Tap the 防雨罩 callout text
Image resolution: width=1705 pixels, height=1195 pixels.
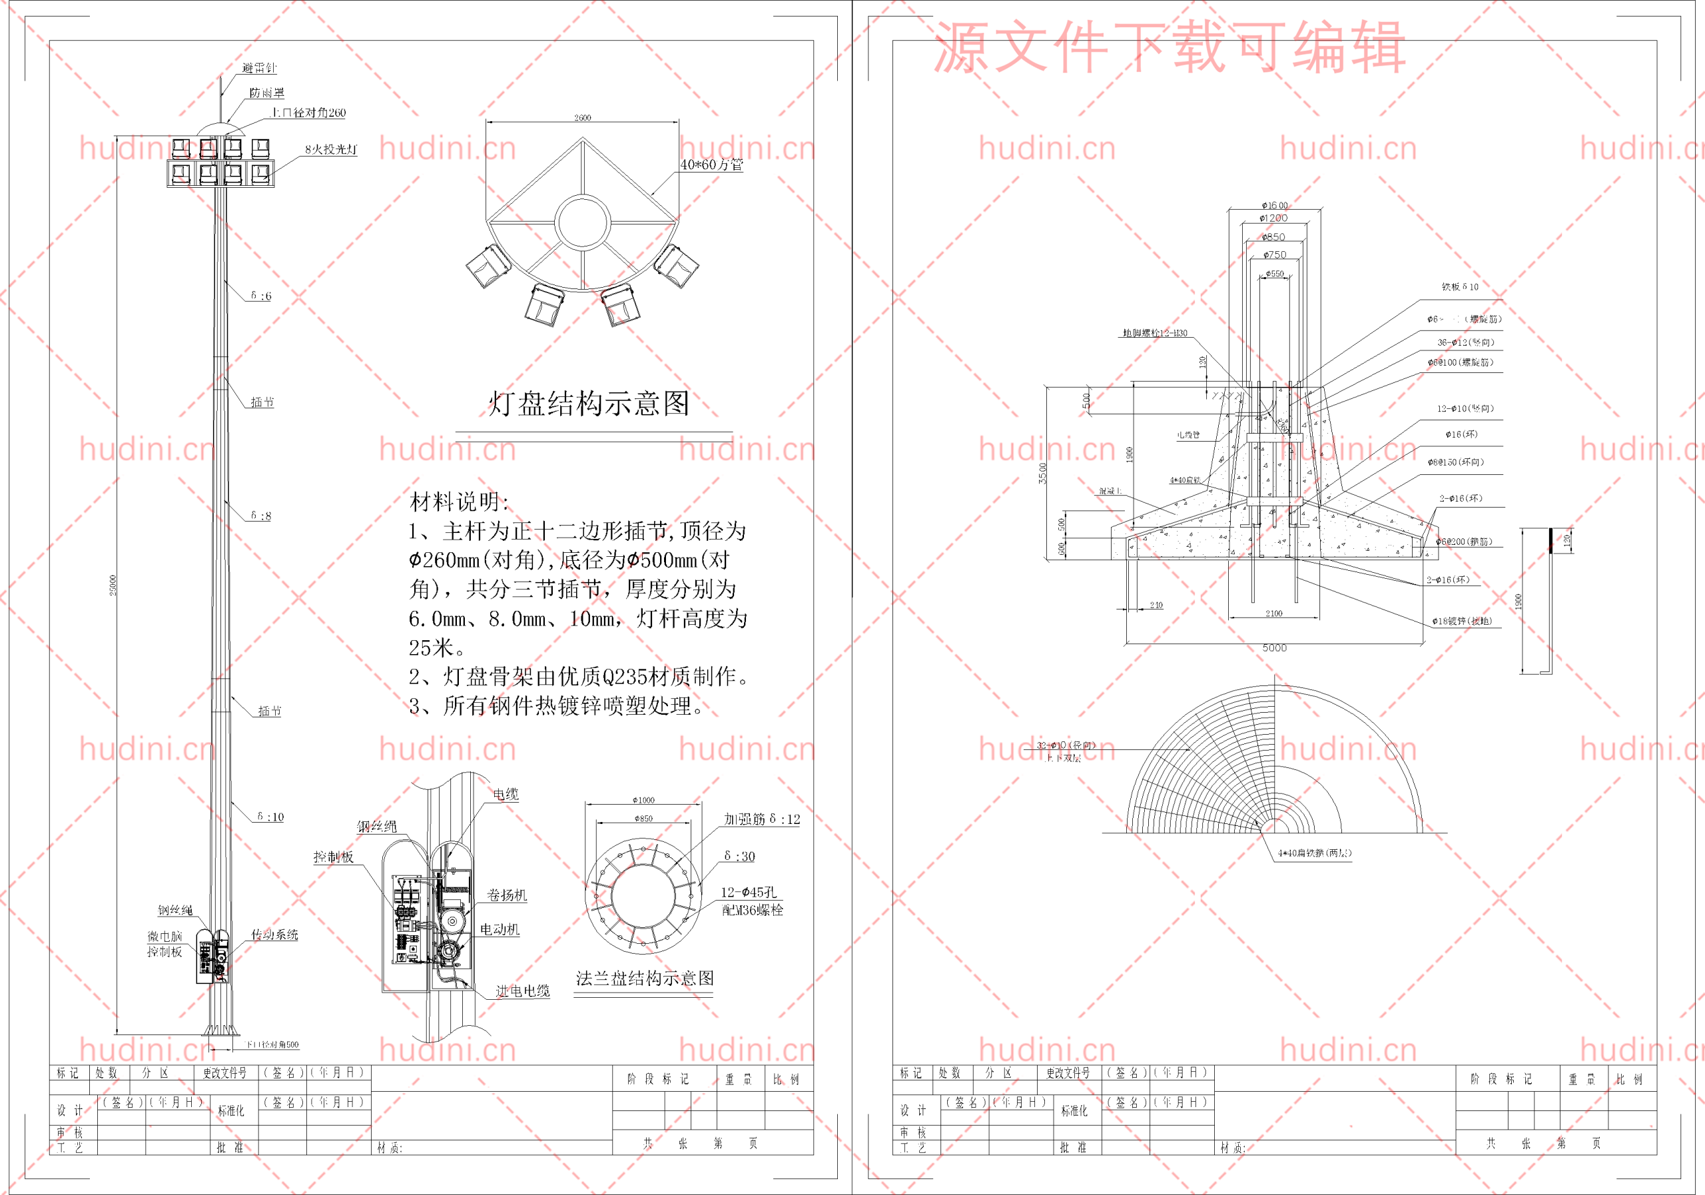[266, 93]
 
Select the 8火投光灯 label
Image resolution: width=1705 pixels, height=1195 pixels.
[330, 149]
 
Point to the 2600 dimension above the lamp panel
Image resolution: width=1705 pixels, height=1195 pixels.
[582, 117]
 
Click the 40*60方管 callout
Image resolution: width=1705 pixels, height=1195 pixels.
[711, 165]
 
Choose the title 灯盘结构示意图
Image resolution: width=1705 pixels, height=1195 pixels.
[589, 403]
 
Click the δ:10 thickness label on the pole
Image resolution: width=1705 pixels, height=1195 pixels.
[270, 817]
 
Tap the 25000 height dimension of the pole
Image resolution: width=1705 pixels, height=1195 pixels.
[113, 584]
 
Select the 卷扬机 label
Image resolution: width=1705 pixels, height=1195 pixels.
[506, 895]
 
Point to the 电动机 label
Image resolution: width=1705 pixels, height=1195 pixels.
[499, 929]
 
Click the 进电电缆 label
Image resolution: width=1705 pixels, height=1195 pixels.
[522, 991]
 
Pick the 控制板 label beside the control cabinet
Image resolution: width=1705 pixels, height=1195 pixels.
[333, 857]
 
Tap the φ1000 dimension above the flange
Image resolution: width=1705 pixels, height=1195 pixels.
[643, 800]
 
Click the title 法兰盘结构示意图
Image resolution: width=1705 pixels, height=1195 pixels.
[644, 978]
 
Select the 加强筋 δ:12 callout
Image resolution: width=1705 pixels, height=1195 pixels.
[762, 819]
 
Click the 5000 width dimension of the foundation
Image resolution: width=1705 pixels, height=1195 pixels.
[1274, 647]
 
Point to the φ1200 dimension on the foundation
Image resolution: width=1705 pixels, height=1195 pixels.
[1273, 218]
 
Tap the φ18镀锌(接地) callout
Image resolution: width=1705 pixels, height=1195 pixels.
[1461, 621]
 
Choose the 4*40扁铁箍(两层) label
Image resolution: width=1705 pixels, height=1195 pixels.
[1313, 853]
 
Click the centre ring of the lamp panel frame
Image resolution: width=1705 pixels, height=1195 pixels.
[582, 220]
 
